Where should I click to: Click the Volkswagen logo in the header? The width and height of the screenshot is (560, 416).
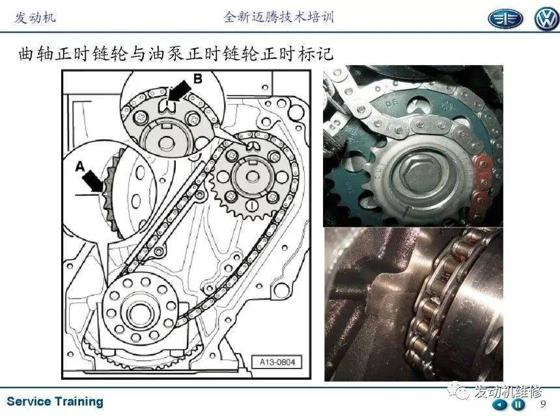(x=546, y=19)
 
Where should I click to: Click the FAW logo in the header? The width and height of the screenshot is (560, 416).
(x=505, y=19)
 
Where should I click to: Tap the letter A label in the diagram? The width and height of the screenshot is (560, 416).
(x=80, y=167)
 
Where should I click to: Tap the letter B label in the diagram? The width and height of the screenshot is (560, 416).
(x=197, y=78)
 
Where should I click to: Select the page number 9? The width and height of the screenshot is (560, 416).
(x=542, y=404)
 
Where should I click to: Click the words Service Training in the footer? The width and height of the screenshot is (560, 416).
(x=55, y=402)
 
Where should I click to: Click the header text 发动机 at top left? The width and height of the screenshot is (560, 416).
(x=35, y=18)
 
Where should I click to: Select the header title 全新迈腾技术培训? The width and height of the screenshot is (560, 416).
(x=279, y=18)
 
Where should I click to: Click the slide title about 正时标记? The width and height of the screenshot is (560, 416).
(x=176, y=53)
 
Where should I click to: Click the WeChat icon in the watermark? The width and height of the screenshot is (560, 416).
(x=462, y=392)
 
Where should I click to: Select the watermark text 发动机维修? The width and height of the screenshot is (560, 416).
(x=507, y=392)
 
